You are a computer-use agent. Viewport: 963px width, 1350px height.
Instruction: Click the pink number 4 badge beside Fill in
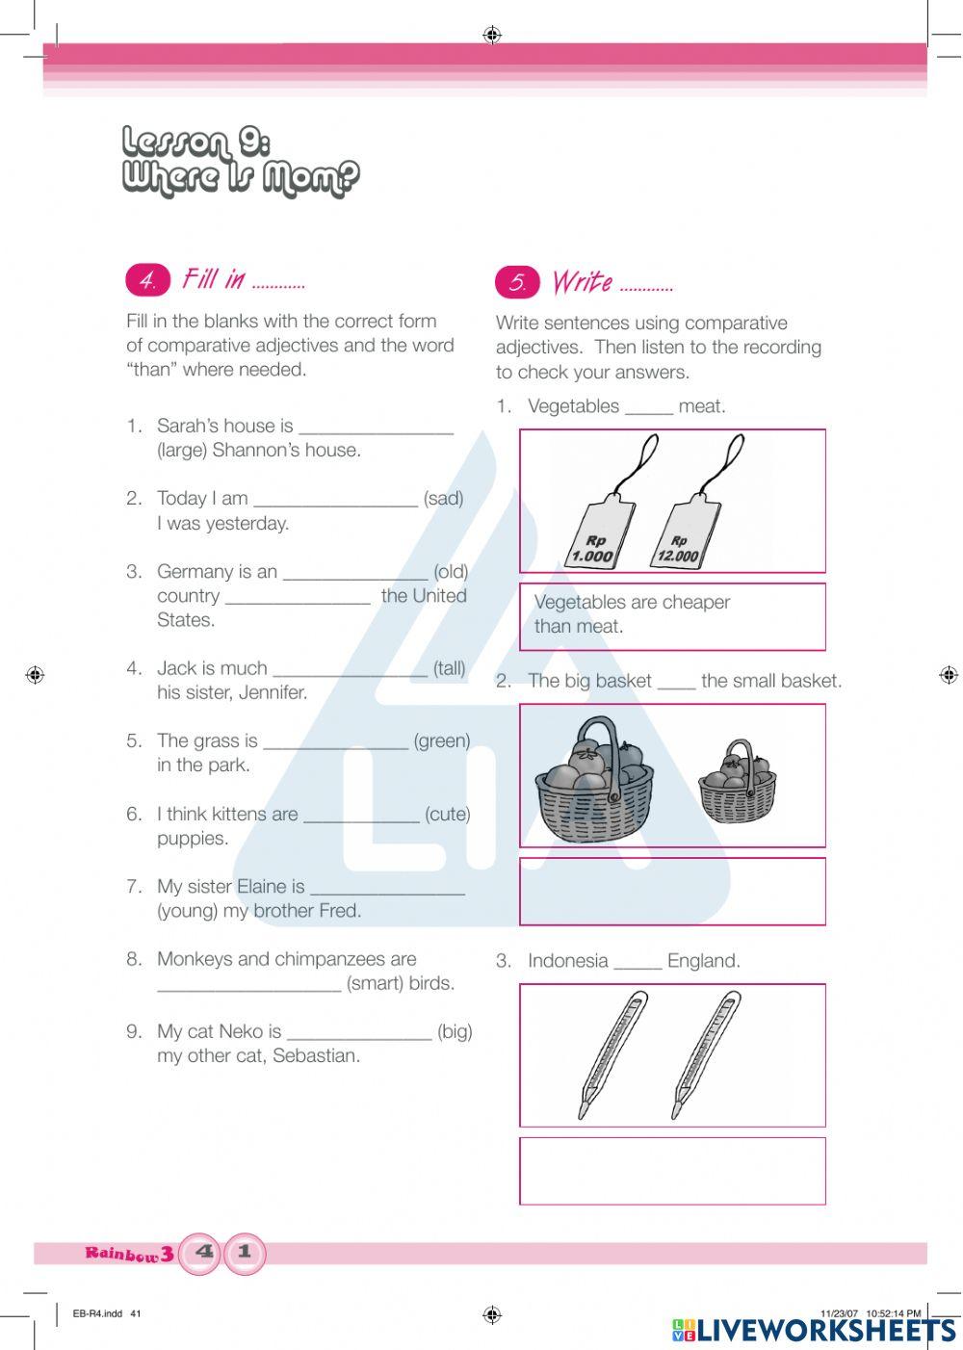pyautogui.click(x=147, y=280)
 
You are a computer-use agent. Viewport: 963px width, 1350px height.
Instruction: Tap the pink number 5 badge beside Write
pyautogui.click(x=517, y=282)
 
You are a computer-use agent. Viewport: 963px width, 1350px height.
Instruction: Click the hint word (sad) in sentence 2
pyautogui.click(x=443, y=498)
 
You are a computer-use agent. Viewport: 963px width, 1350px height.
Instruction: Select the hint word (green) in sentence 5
pyautogui.click(x=442, y=740)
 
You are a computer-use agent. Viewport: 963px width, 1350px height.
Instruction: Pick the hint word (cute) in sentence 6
pyautogui.click(x=448, y=814)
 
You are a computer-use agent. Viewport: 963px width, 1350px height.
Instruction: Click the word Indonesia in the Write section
pyautogui.click(x=568, y=960)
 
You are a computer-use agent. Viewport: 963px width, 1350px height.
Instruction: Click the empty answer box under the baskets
pyautogui.click(x=672, y=892)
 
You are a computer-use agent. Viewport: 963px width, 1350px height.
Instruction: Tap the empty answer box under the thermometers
pyautogui.click(x=672, y=1171)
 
